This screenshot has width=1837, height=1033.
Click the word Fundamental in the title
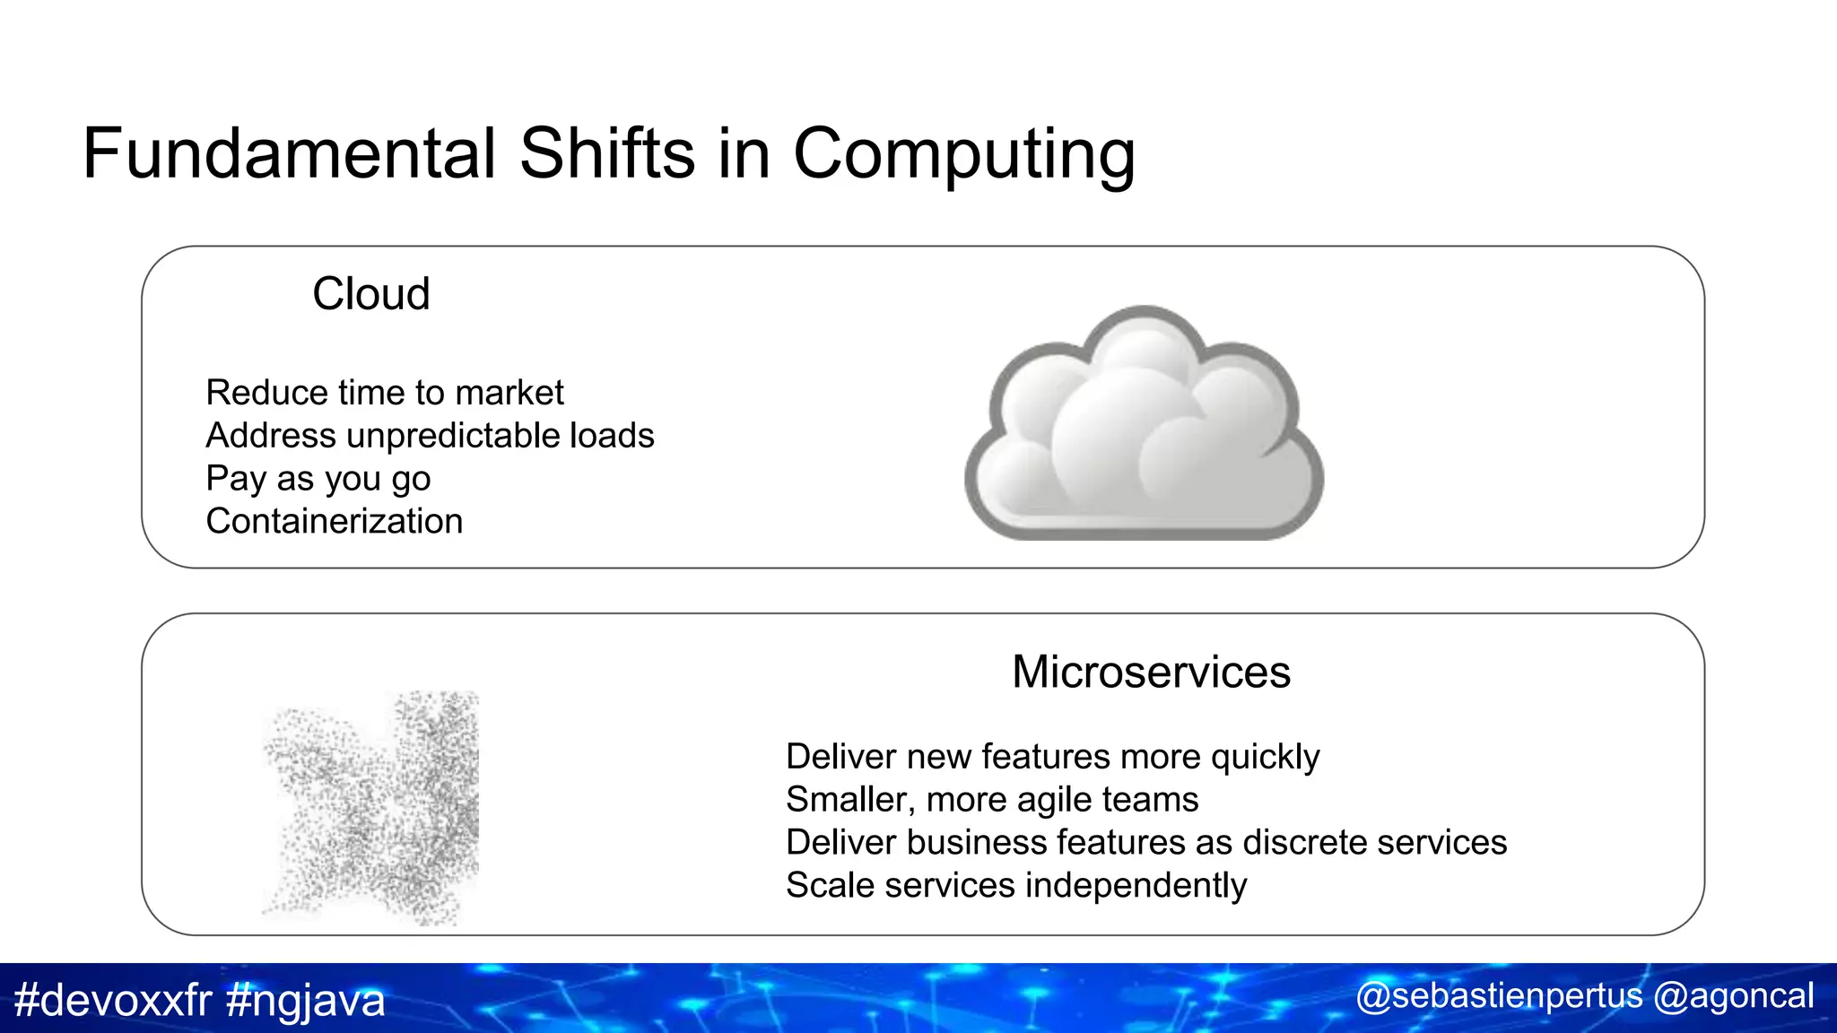click(289, 153)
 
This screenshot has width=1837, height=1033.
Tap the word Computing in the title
click(964, 153)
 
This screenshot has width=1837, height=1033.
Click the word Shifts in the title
click(607, 153)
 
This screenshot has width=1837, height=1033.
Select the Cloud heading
click(371, 294)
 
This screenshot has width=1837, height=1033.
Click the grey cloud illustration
click(1144, 426)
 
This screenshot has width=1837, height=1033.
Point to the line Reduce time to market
click(385, 393)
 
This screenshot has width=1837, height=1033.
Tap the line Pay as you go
click(318, 479)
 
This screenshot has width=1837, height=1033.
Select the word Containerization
click(335, 522)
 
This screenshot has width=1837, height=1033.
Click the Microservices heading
click(1151, 673)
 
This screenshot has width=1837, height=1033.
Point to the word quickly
click(1265, 758)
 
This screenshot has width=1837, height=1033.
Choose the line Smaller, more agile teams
click(992, 800)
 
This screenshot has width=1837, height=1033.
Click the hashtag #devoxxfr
click(113, 1000)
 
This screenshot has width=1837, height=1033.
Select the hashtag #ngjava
click(306, 1000)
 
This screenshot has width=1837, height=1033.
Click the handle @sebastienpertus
click(1499, 996)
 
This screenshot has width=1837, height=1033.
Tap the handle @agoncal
click(1733, 996)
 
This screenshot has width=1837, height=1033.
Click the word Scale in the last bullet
click(830, 886)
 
